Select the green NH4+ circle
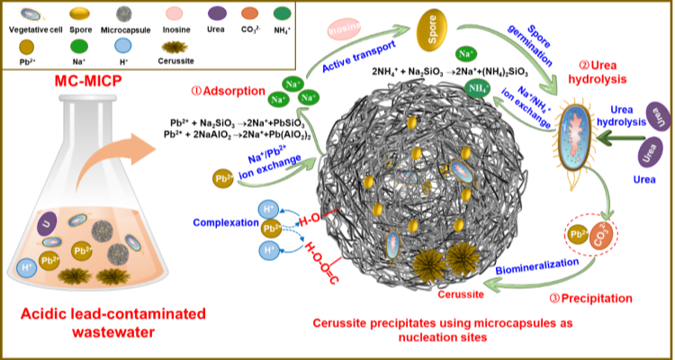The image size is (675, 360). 478,87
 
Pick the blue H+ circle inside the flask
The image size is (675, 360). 28,267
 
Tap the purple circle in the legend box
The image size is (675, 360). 217,13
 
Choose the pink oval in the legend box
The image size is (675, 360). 175,13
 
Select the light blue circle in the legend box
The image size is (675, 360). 122,46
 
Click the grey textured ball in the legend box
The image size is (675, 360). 124,13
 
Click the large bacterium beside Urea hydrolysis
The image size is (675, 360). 572,135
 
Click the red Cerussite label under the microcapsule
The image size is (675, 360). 460,293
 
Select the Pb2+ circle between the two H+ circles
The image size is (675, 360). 269,229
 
